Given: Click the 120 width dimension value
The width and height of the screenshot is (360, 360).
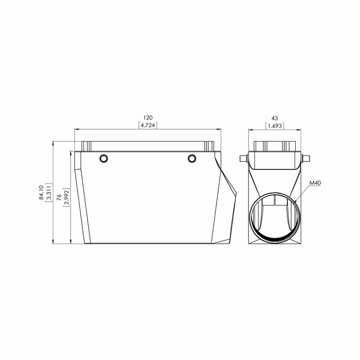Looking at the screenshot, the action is (148, 118).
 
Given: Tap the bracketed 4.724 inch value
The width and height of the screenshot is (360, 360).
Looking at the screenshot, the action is (148, 125).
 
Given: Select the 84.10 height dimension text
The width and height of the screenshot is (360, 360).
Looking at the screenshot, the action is (41, 193).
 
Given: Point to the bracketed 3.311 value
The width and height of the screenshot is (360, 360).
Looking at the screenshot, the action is (49, 193).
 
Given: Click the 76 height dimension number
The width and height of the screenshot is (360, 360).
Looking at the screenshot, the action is (59, 197).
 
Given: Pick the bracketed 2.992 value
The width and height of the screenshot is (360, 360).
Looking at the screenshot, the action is (67, 197).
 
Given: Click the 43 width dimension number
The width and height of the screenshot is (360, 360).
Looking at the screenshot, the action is (275, 118).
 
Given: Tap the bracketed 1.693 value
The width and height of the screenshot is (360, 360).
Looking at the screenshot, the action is (275, 126).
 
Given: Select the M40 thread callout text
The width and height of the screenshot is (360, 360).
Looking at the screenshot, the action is (315, 183).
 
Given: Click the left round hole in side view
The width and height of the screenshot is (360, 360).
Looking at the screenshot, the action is (104, 158).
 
